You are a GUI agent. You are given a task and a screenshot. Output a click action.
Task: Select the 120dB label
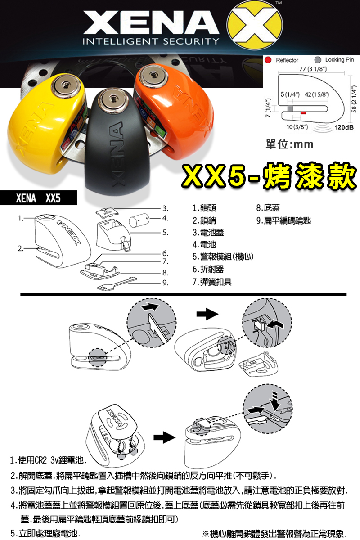343,127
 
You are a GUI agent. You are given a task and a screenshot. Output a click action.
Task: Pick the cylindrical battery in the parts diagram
139,220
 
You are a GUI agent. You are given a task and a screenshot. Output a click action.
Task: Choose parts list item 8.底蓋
268,208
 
